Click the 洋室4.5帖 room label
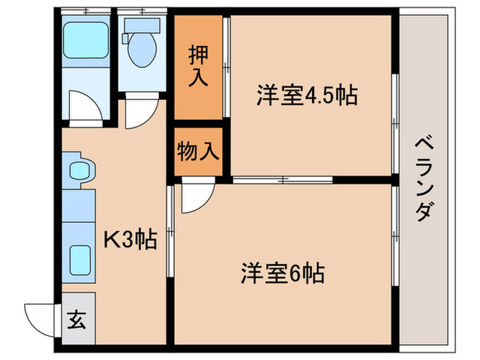click(x=307, y=95)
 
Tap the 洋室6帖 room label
click(x=282, y=272)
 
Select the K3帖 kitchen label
click(x=130, y=239)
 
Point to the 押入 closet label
click(x=198, y=67)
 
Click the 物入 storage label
click(x=198, y=151)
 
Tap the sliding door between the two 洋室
click(x=281, y=181)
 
